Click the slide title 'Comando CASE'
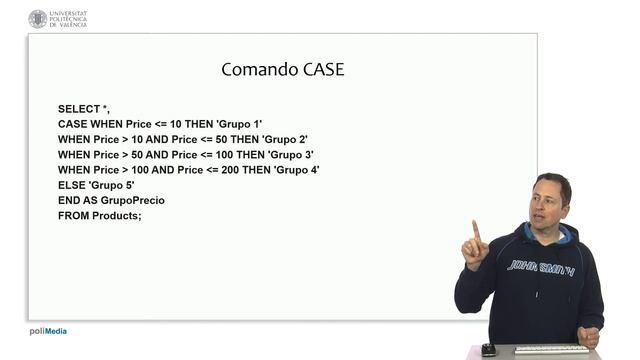(x=282, y=70)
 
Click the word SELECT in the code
(x=78, y=108)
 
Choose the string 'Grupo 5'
(x=111, y=185)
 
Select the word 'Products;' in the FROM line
(x=117, y=216)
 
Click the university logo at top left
(x=38, y=18)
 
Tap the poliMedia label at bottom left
(x=48, y=332)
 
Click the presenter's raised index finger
(x=475, y=230)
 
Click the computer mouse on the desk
(x=488, y=349)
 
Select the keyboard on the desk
(x=552, y=349)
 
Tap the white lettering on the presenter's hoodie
(x=540, y=266)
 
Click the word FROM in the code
(x=72, y=216)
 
